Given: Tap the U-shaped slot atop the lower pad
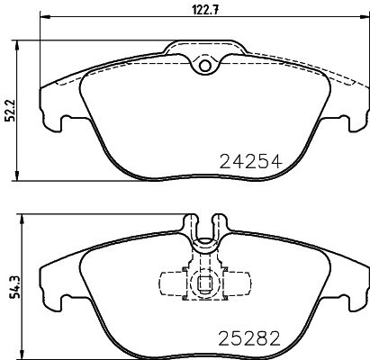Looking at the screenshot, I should (203, 225).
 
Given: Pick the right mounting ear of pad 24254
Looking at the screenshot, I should (352, 115).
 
